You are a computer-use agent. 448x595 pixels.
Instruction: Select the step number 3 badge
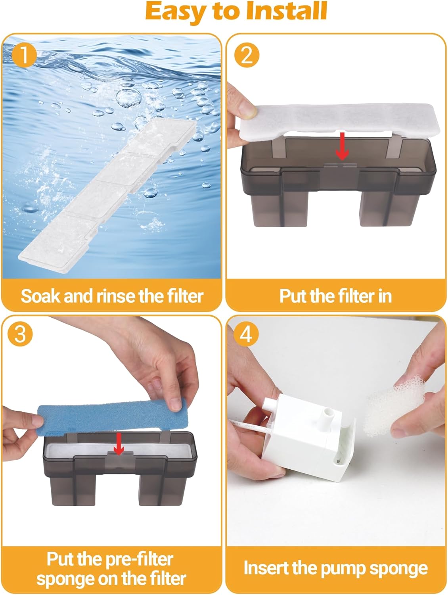[x=20, y=334]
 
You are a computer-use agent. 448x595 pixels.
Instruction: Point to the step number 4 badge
[x=246, y=334]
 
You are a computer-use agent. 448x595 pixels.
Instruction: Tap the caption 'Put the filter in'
[x=335, y=296]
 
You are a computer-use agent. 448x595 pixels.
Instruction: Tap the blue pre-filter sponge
[x=111, y=416]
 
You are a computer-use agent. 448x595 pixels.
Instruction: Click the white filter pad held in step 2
[x=337, y=119]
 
